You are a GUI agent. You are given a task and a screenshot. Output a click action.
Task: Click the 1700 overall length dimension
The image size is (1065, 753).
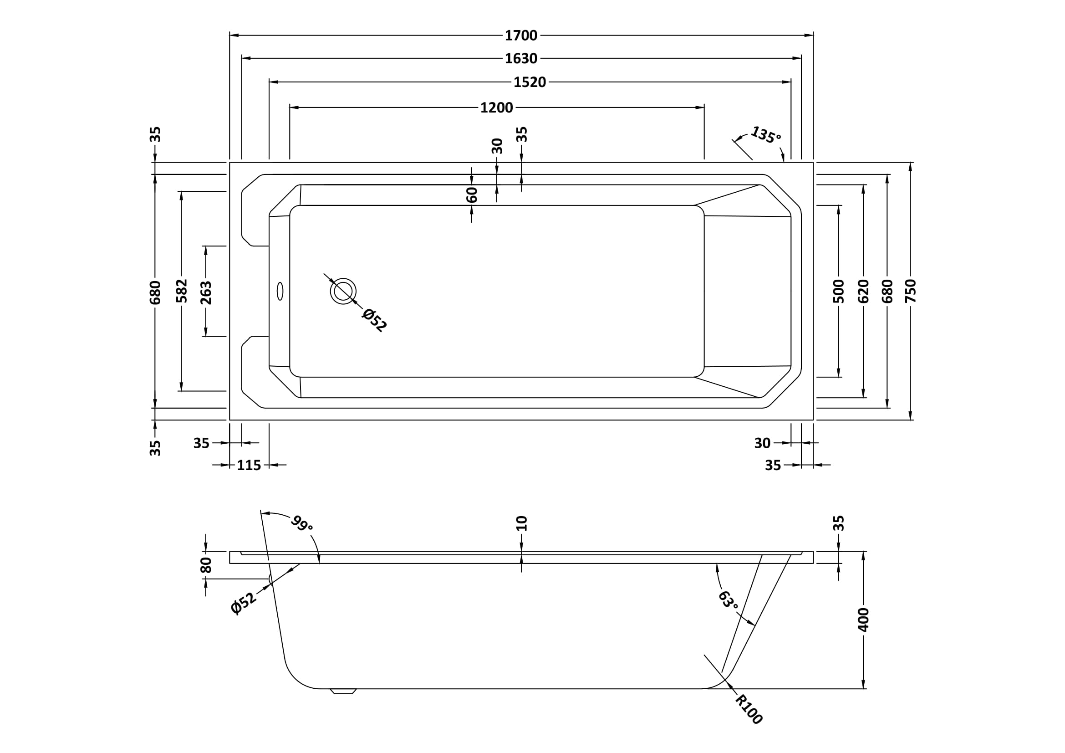521,35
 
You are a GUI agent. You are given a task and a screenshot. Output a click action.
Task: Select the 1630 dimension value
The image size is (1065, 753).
521,58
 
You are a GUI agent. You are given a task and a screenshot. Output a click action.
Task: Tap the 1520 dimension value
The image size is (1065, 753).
529,82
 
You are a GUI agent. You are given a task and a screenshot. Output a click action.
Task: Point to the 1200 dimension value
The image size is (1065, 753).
496,108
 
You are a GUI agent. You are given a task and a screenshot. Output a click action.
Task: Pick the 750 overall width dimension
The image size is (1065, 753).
911,291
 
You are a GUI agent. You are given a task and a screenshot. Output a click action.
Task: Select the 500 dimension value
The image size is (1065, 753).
839,291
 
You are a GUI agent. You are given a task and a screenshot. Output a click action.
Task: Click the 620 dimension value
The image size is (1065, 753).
863,291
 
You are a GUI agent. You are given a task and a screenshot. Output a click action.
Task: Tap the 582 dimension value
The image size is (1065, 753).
181,291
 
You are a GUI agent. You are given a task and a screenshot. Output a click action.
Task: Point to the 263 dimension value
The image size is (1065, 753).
205,293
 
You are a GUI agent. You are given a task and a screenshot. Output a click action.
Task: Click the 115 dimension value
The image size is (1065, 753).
249,465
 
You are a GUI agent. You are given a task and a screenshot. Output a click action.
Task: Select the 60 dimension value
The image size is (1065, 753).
472,195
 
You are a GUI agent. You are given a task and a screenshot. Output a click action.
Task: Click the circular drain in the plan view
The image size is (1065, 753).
343,292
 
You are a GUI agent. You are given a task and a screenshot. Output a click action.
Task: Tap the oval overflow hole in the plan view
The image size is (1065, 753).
280,291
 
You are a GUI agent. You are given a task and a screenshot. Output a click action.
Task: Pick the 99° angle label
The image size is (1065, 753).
302,524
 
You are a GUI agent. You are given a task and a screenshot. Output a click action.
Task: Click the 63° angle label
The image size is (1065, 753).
728,600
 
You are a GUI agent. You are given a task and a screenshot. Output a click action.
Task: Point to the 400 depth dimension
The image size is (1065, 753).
863,620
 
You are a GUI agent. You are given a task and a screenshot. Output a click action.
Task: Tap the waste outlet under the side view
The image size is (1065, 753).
343,692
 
